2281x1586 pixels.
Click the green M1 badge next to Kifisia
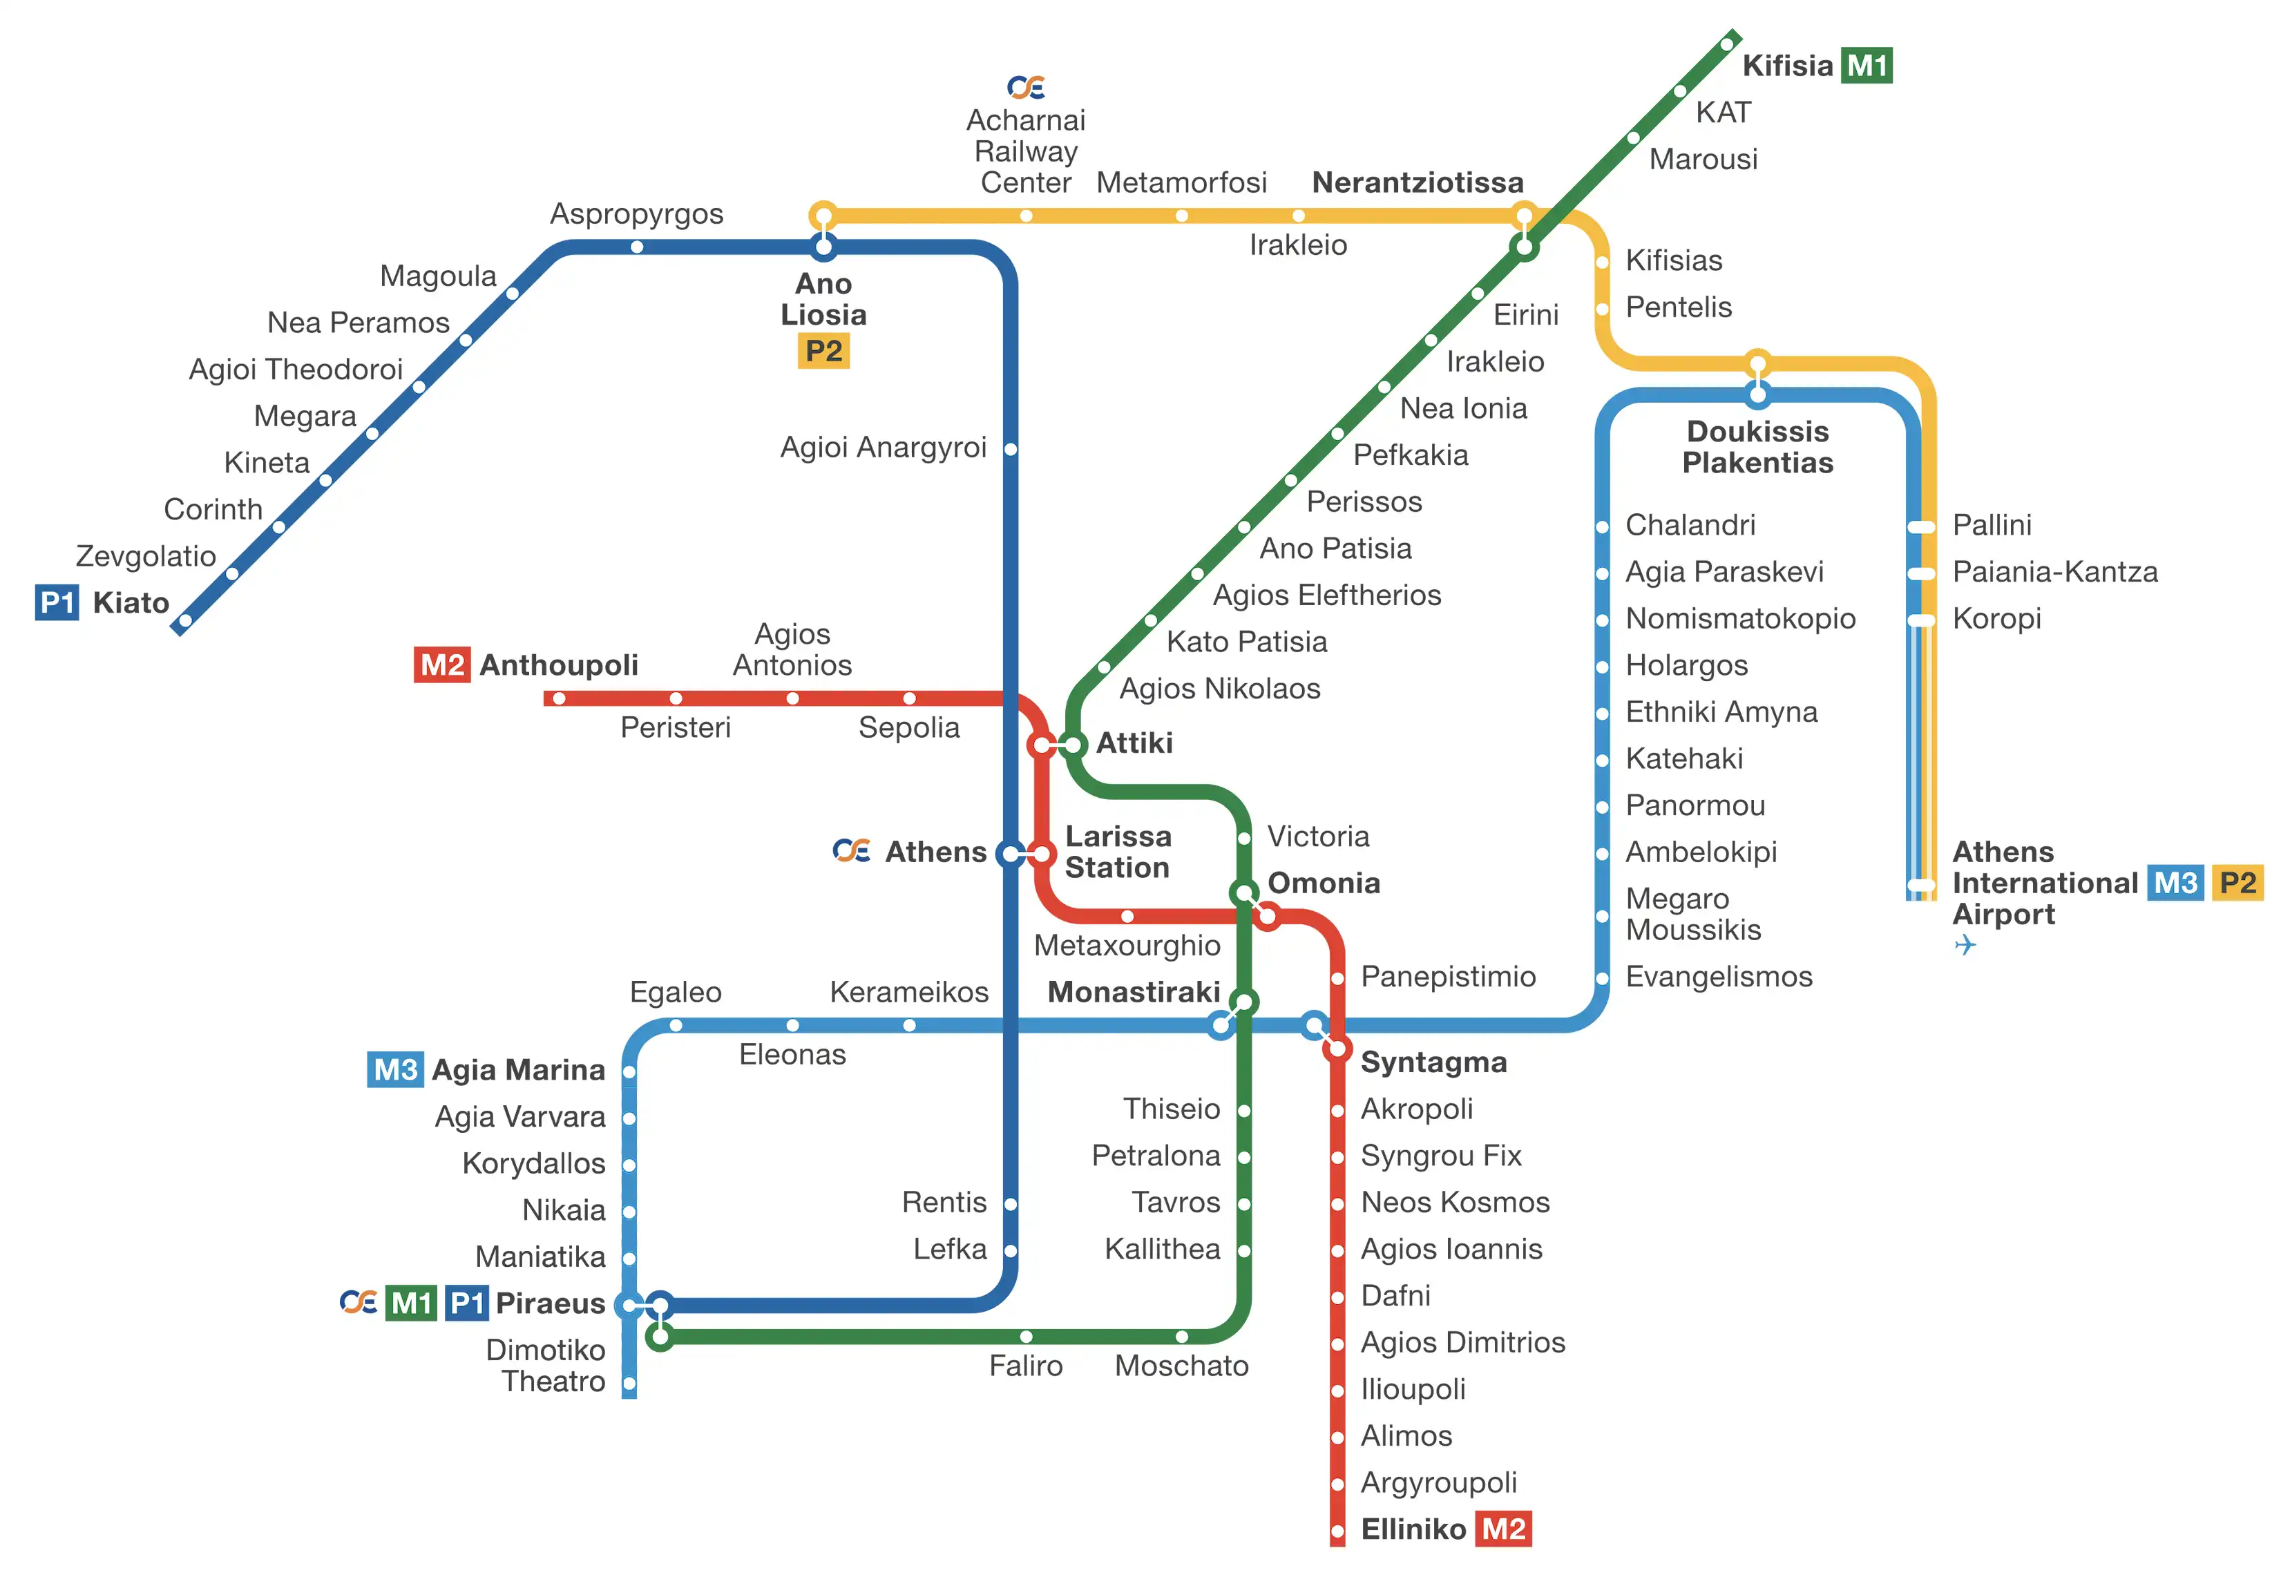(x=1866, y=66)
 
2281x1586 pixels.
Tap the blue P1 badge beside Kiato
(x=57, y=602)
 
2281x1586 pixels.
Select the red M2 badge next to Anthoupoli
(x=441, y=665)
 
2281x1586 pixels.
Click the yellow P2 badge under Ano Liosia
(x=823, y=351)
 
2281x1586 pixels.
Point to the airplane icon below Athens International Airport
(x=1964, y=944)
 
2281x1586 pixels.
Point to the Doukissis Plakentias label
(x=1757, y=446)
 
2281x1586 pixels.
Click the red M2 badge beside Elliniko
(x=1503, y=1529)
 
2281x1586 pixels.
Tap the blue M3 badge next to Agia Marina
(x=395, y=1069)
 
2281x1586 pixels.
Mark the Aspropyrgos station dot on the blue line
(x=637, y=247)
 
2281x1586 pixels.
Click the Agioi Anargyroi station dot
(x=1011, y=449)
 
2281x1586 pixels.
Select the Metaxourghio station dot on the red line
(x=1127, y=916)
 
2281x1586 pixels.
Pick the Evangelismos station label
(x=1718, y=976)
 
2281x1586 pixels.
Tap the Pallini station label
(x=1991, y=525)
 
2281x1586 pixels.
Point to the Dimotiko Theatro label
(x=546, y=1366)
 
